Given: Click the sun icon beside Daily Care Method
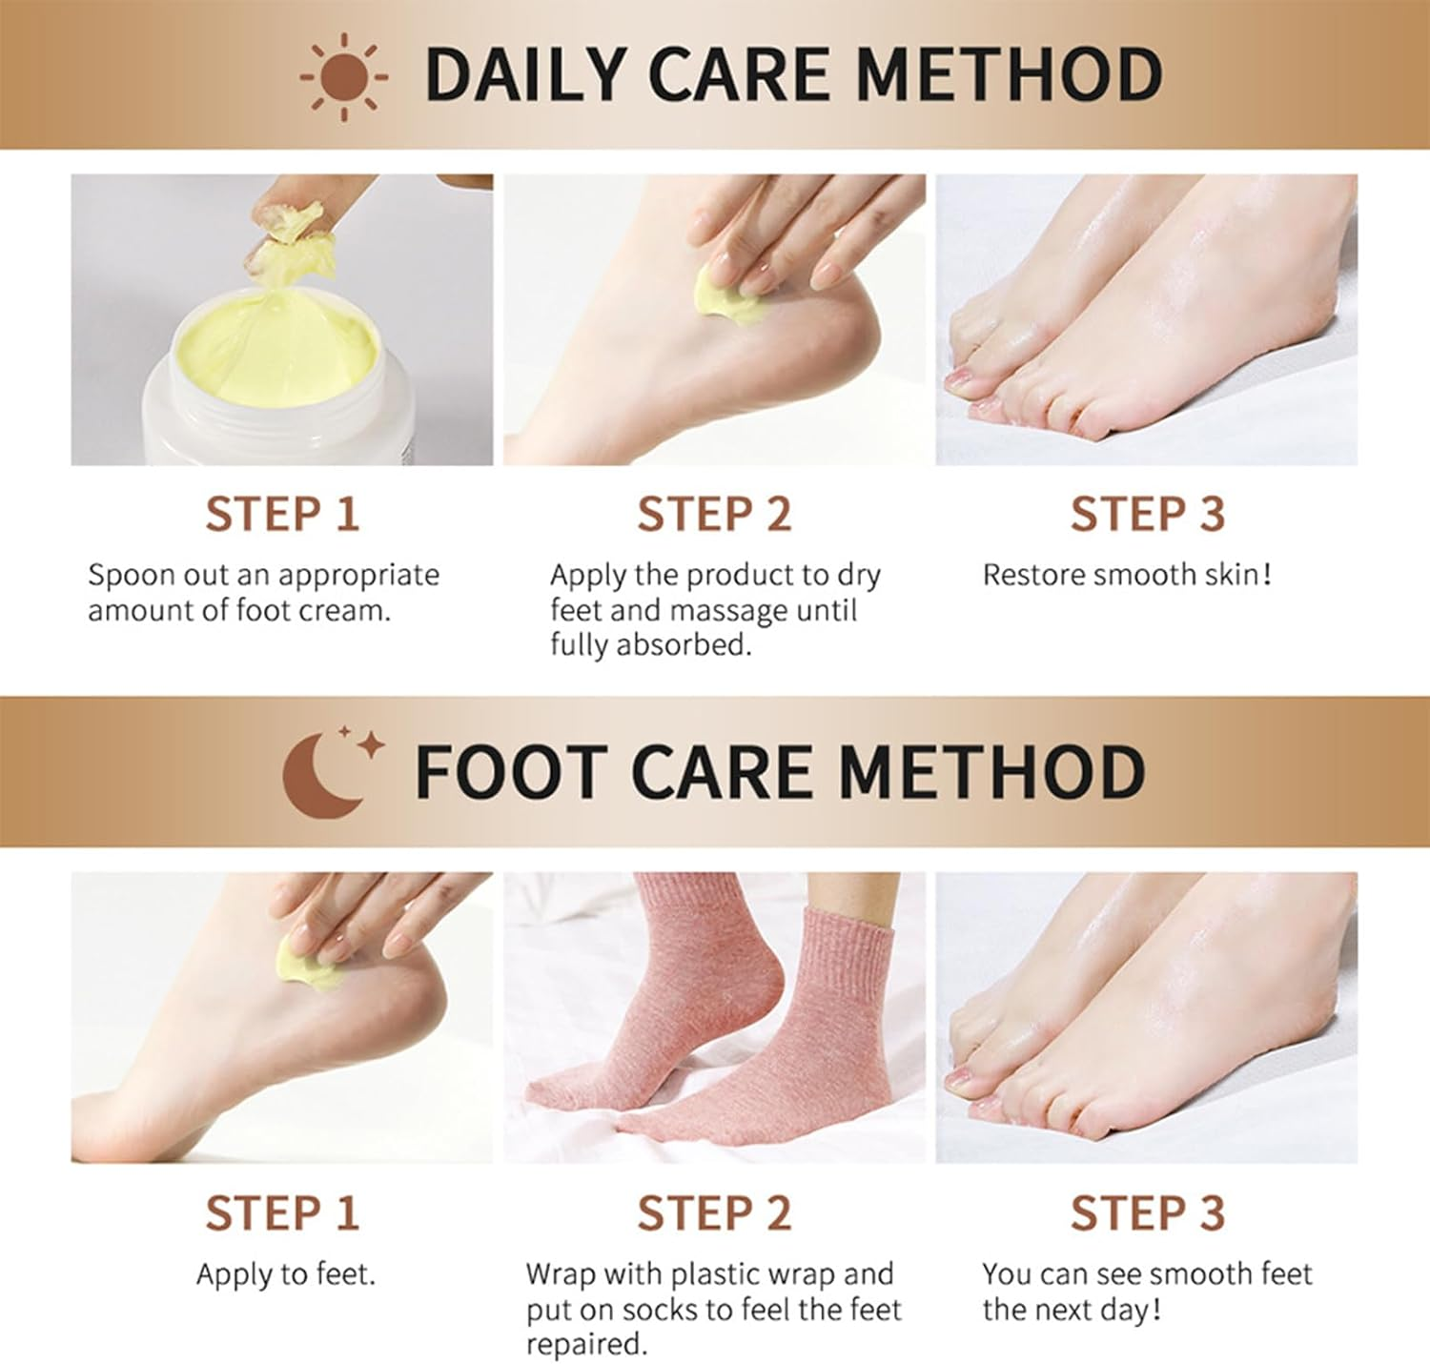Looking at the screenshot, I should tap(343, 75).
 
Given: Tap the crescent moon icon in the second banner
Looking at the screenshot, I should tap(324, 774).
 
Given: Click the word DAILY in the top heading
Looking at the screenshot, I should tap(523, 74).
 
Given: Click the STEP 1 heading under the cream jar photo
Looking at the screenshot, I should tap(282, 515).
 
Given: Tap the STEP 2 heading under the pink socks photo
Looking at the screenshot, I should tap(714, 1213).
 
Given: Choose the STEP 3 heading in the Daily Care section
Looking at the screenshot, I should tap(1147, 515).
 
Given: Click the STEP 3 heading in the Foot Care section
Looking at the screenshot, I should tap(1147, 1213).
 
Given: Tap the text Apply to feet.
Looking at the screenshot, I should tap(285, 1274).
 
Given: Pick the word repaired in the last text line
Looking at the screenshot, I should tap(584, 1344).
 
